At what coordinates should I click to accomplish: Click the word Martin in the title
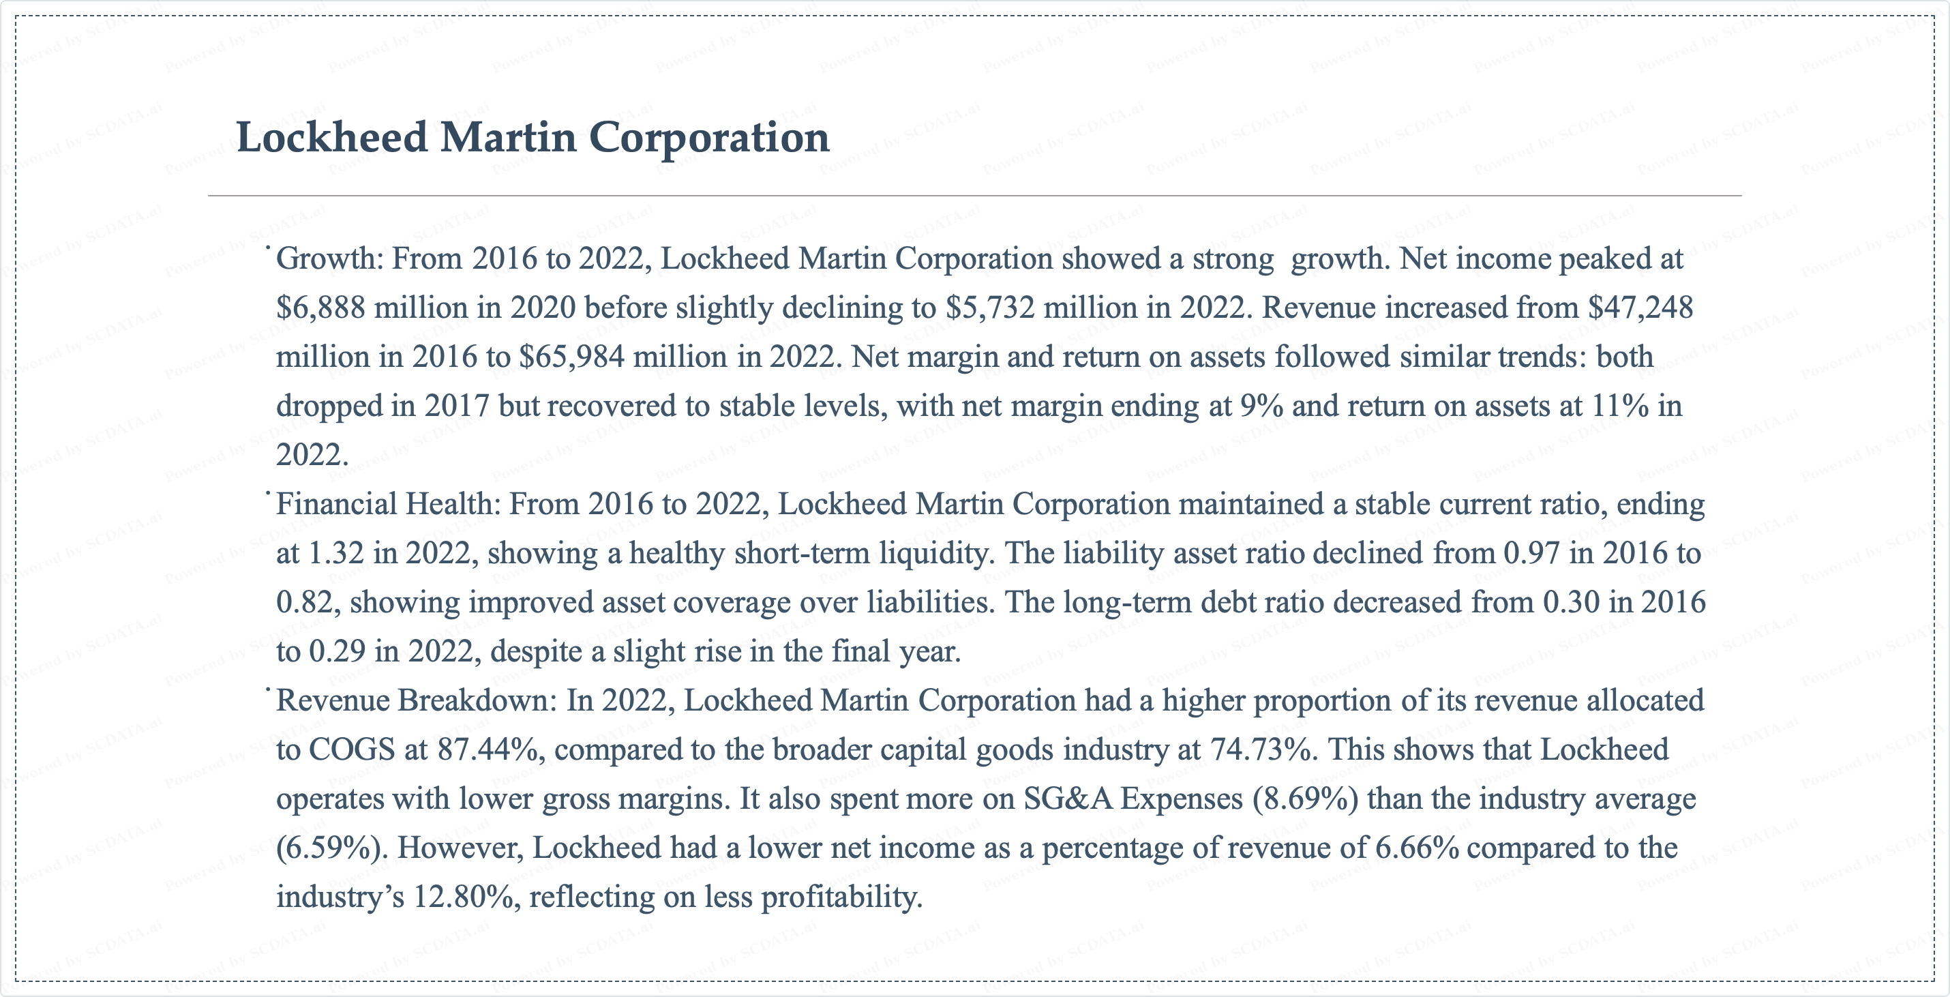click(x=508, y=138)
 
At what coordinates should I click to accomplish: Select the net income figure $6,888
click(x=321, y=308)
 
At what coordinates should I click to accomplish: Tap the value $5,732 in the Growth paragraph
click(x=990, y=308)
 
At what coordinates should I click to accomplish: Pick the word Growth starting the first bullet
click(x=327, y=259)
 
